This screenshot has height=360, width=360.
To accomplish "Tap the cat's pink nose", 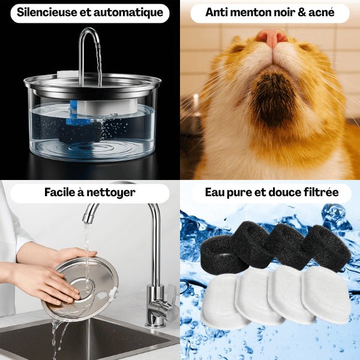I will click(x=272, y=37).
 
